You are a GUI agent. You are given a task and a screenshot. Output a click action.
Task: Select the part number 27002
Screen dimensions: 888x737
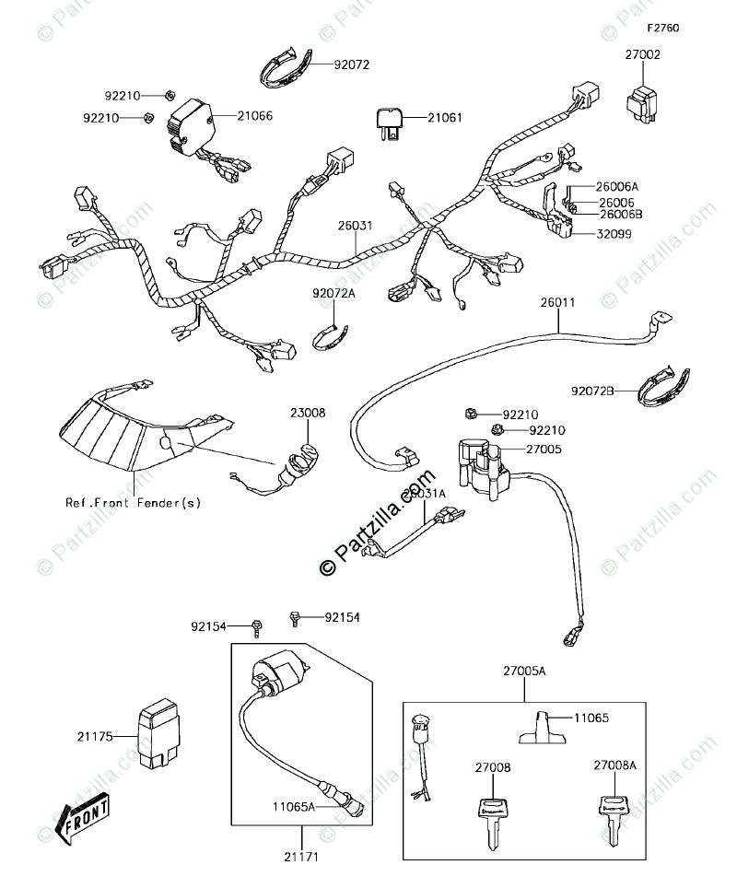tap(644, 55)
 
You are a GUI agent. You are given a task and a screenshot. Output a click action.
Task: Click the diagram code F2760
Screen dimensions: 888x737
tap(661, 29)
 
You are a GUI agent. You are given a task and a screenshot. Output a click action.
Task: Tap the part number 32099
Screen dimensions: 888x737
tap(606, 234)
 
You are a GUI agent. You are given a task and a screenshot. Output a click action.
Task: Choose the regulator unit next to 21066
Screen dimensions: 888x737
tap(190, 128)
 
